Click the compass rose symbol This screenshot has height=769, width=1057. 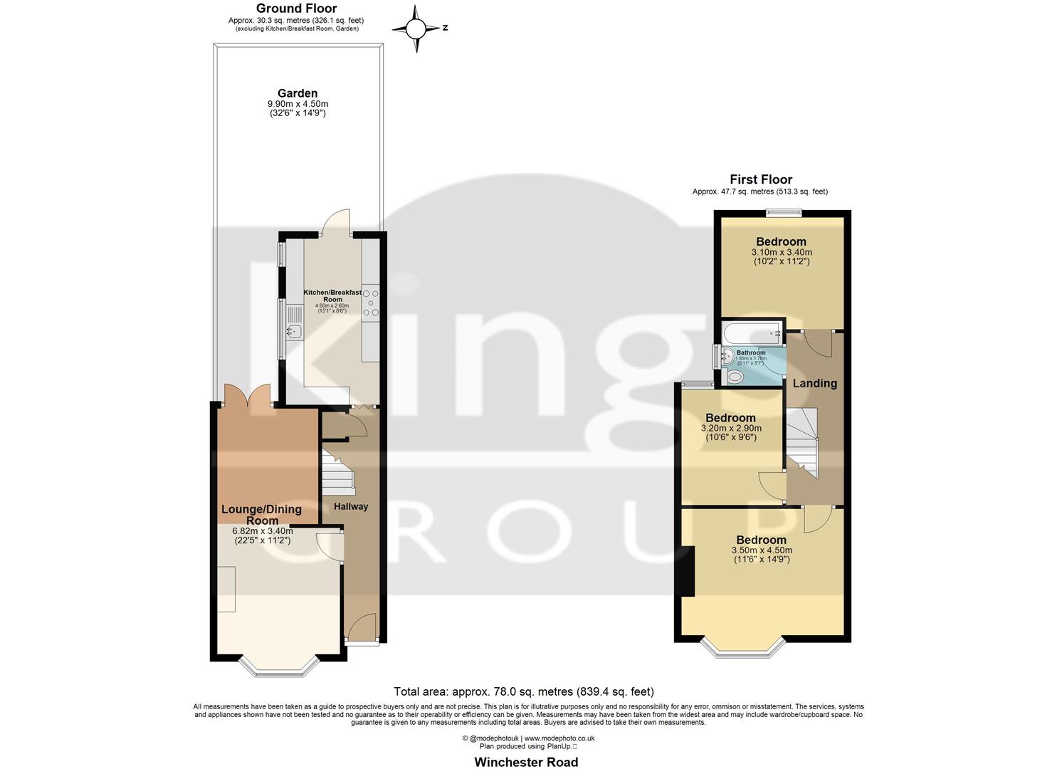coord(417,29)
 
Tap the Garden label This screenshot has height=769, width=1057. coord(298,93)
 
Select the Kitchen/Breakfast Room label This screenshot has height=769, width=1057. coord(332,295)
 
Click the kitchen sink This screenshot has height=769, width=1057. coord(295,330)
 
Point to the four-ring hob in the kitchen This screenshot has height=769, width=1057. coord(371,301)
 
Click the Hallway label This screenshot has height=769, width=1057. coord(352,506)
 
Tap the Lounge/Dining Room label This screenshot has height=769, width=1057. coord(261,515)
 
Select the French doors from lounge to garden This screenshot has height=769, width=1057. coord(247,396)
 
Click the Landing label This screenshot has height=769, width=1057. coord(815,383)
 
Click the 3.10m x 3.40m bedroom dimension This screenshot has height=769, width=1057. coord(782,252)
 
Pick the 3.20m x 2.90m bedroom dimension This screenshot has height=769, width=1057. coord(731,429)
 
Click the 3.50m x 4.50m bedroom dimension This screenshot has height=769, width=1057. coord(762,550)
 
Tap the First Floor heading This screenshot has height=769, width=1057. coord(760,179)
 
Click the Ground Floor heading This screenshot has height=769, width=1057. coord(296,9)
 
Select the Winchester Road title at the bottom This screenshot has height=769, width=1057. coord(526,762)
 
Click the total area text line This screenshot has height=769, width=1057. coord(524,691)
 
